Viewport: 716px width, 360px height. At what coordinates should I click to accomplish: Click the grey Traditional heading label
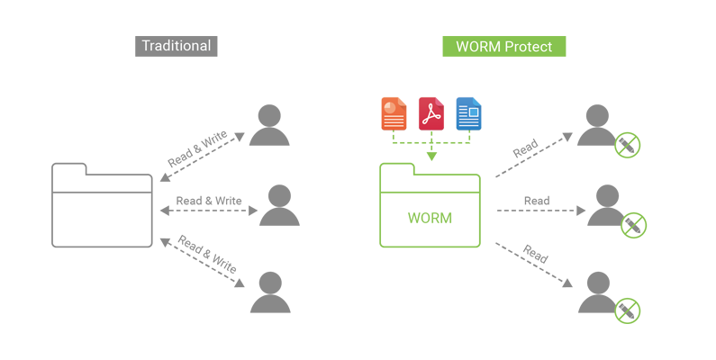point(177,46)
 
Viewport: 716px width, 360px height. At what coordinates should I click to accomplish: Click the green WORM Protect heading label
point(503,46)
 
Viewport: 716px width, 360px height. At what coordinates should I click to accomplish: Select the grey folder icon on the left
point(102,206)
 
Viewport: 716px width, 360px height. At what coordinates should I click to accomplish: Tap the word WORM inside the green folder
point(430,218)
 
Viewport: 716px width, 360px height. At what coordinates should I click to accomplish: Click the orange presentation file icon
point(394,113)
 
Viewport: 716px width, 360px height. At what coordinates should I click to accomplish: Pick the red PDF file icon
point(431,113)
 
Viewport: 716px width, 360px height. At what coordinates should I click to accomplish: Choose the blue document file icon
point(468,113)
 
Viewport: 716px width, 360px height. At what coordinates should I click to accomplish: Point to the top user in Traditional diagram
point(268,125)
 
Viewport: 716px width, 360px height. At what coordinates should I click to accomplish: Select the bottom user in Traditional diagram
point(268,292)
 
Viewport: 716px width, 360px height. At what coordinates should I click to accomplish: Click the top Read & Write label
point(197,149)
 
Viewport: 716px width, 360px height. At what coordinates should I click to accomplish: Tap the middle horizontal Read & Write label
point(209,201)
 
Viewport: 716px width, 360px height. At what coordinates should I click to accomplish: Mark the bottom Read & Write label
point(206,255)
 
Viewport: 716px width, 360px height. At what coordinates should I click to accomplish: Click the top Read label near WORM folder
point(525,149)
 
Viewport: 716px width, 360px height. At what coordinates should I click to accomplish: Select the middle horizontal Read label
point(537,201)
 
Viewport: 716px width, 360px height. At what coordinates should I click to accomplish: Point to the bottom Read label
point(534,256)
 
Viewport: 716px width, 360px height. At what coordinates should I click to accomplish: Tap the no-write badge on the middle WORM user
point(634,225)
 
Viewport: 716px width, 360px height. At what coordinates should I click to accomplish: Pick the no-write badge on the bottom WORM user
point(627,310)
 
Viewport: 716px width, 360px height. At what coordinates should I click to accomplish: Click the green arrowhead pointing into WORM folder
point(431,157)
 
